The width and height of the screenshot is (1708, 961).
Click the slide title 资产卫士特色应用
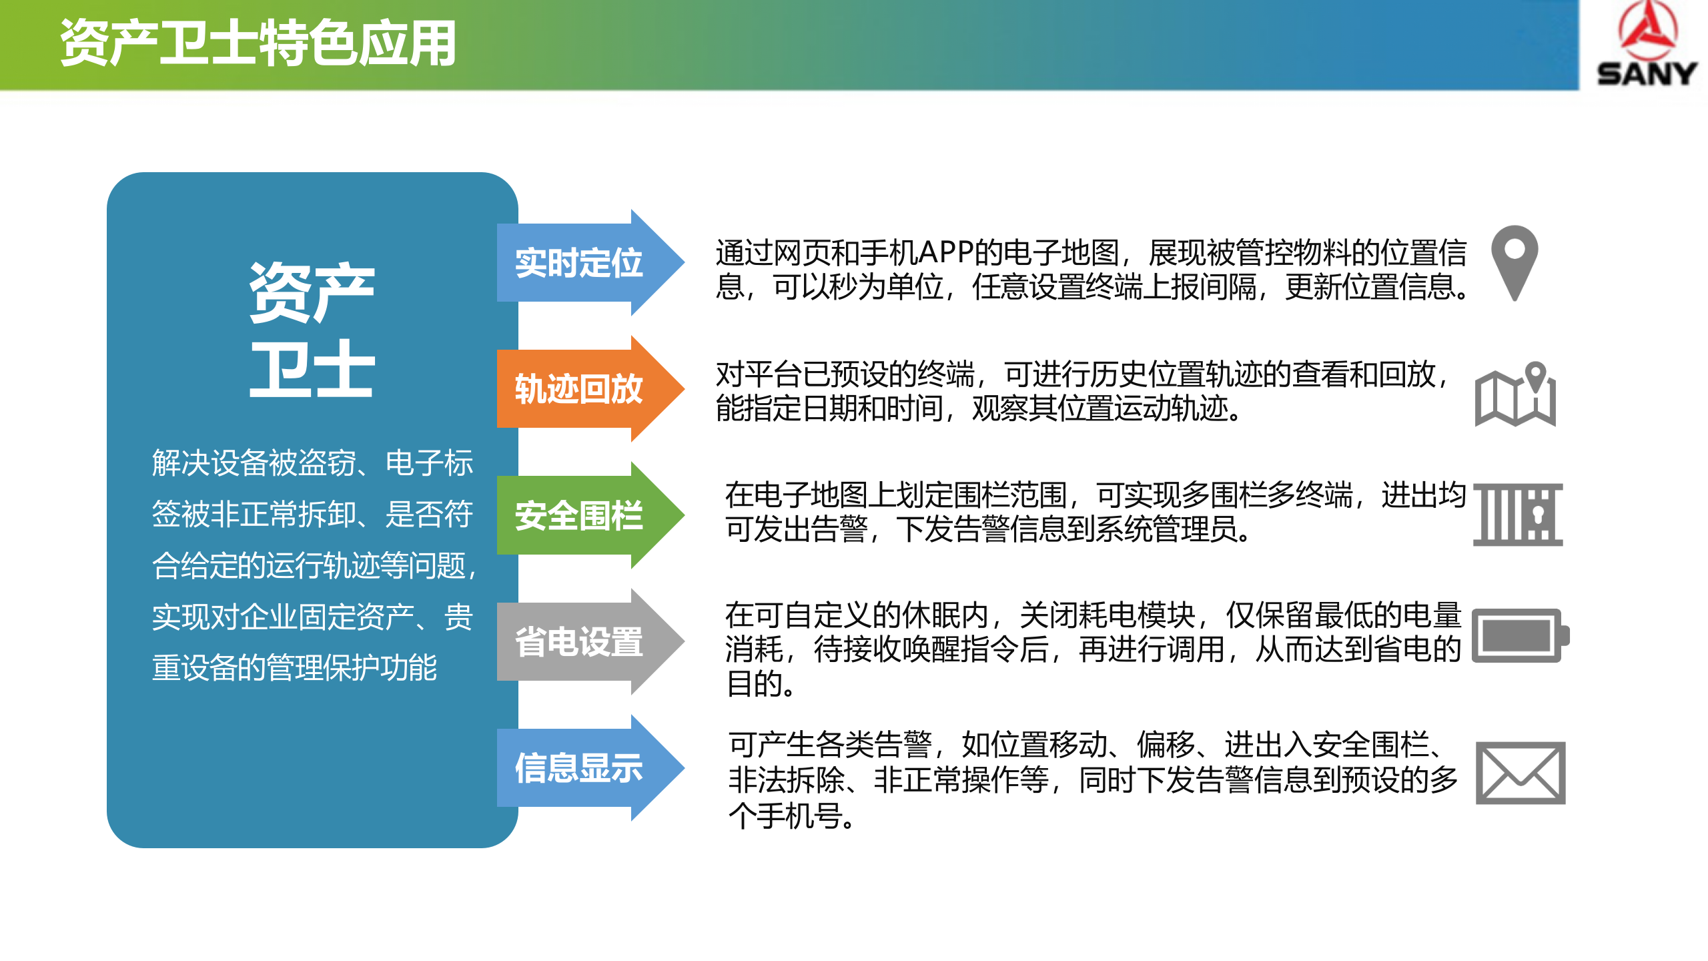(x=258, y=43)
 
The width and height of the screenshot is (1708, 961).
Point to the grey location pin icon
(x=1515, y=262)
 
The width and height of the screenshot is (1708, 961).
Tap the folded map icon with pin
(x=1515, y=394)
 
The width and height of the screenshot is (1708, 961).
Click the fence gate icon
(x=1518, y=515)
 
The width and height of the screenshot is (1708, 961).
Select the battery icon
(x=1520, y=635)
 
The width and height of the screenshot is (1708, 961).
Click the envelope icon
(x=1520, y=773)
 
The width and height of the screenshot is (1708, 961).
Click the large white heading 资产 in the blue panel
(x=312, y=292)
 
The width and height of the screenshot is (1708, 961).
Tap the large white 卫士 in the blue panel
(x=312, y=368)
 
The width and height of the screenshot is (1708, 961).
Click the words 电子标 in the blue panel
(x=429, y=462)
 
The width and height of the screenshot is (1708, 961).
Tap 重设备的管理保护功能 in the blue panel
(x=294, y=667)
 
